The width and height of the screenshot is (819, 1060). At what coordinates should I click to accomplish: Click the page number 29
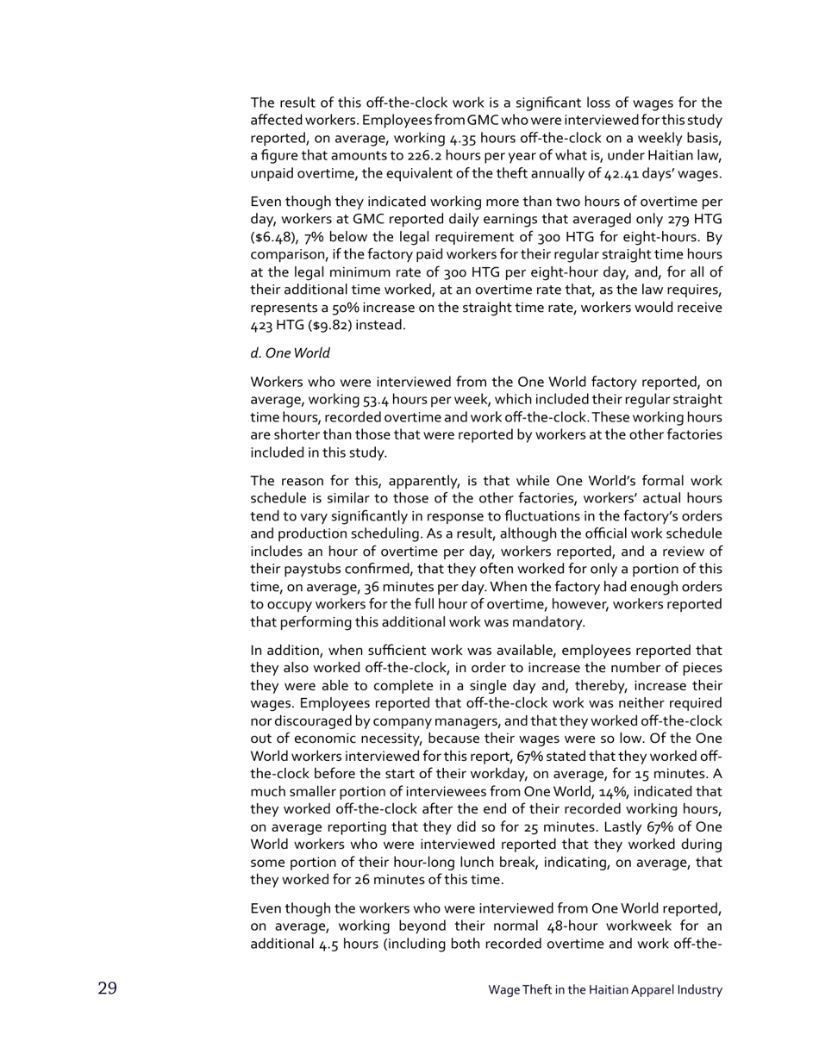[107, 988]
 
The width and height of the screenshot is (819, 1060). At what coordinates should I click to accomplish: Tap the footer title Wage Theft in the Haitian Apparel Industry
[604, 990]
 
